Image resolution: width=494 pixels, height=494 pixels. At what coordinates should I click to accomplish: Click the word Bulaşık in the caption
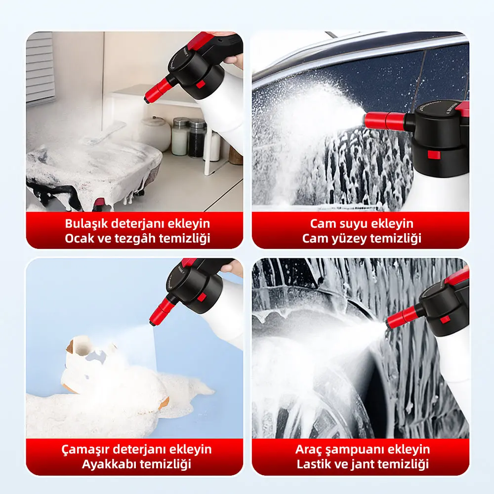[86, 224]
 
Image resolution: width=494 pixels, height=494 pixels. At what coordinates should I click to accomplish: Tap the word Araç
[307, 450]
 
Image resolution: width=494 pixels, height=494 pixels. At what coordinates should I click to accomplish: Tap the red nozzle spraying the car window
[385, 120]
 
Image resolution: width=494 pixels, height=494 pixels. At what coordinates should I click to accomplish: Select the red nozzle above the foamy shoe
[160, 311]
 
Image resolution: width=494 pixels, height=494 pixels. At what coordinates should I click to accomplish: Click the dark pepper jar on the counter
[197, 138]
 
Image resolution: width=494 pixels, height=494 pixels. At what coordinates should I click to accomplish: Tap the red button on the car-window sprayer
[434, 155]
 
